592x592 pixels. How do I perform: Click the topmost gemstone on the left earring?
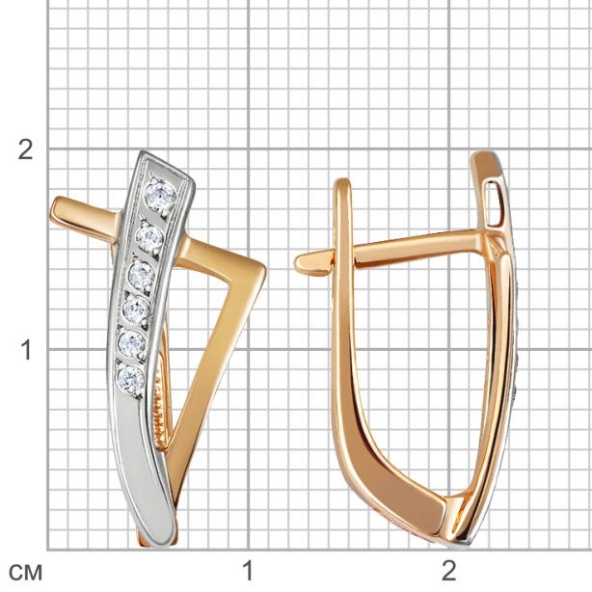coord(161,196)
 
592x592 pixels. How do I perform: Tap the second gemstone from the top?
coord(149,237)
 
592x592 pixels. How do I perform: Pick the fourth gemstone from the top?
coord(136,309)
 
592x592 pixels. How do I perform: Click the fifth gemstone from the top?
coord(132,343)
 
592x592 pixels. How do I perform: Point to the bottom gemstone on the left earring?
coord(131,379)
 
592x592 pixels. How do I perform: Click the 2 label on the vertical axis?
coord(25,149)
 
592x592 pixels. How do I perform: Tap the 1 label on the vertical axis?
coord(26,350)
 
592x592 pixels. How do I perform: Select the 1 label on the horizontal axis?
coord(247,570)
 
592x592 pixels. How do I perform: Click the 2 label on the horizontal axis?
coord(449,570)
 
